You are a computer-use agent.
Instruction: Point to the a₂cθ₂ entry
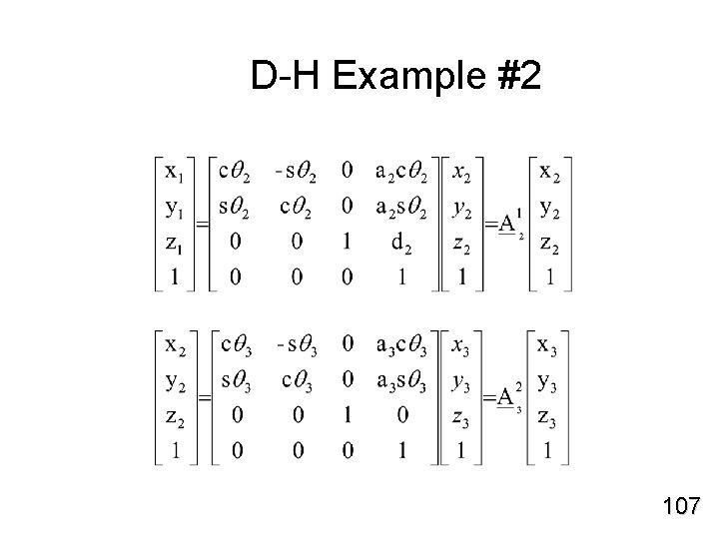(x=402, y=173)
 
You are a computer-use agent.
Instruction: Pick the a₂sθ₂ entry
(x=402, y=208)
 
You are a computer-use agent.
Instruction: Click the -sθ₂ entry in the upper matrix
(x=296, y=173)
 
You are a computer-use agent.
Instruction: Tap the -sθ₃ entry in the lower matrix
(x=296, y=346)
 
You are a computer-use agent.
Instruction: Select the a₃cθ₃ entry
(x=402, y=346)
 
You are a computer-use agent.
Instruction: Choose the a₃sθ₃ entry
(x=402, y=381)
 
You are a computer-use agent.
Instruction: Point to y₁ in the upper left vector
(x=175, y=208)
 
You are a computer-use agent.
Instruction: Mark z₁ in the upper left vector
(x=175, y=243)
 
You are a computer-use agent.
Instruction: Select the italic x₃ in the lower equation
(x=460, y=347)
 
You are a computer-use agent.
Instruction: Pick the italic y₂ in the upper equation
(x=460, y=209)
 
